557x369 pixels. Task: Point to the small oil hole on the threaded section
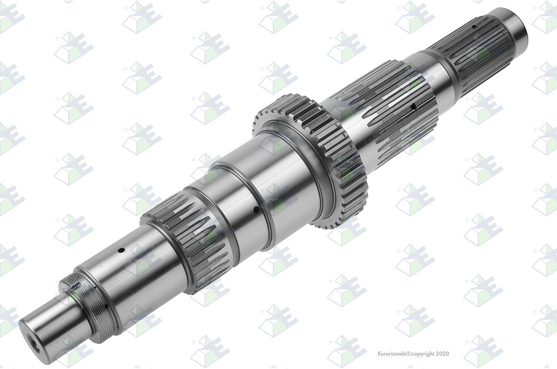point(107,306)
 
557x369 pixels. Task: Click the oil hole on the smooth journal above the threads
point(121,250)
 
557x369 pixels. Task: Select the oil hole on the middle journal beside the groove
point(256,210)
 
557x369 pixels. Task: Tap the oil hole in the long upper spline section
point(413,107)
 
